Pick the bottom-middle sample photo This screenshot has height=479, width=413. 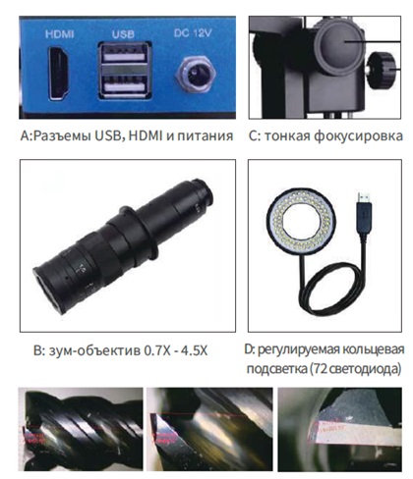[205, 433]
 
